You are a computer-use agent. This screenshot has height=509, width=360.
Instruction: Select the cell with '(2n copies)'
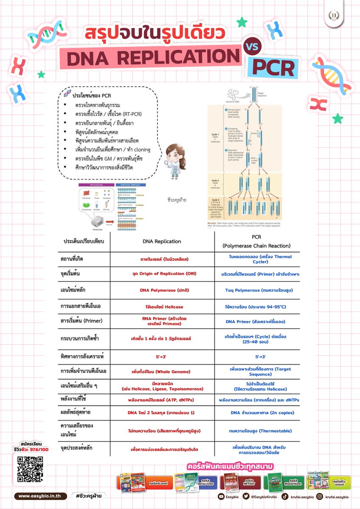pyautogui.click(x=262, y=412)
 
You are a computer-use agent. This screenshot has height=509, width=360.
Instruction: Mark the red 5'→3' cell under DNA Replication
pyautogui.click(x=161, y=357)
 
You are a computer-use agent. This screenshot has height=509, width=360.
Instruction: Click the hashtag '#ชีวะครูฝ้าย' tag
pyautogui.click(x=89, y=496)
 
